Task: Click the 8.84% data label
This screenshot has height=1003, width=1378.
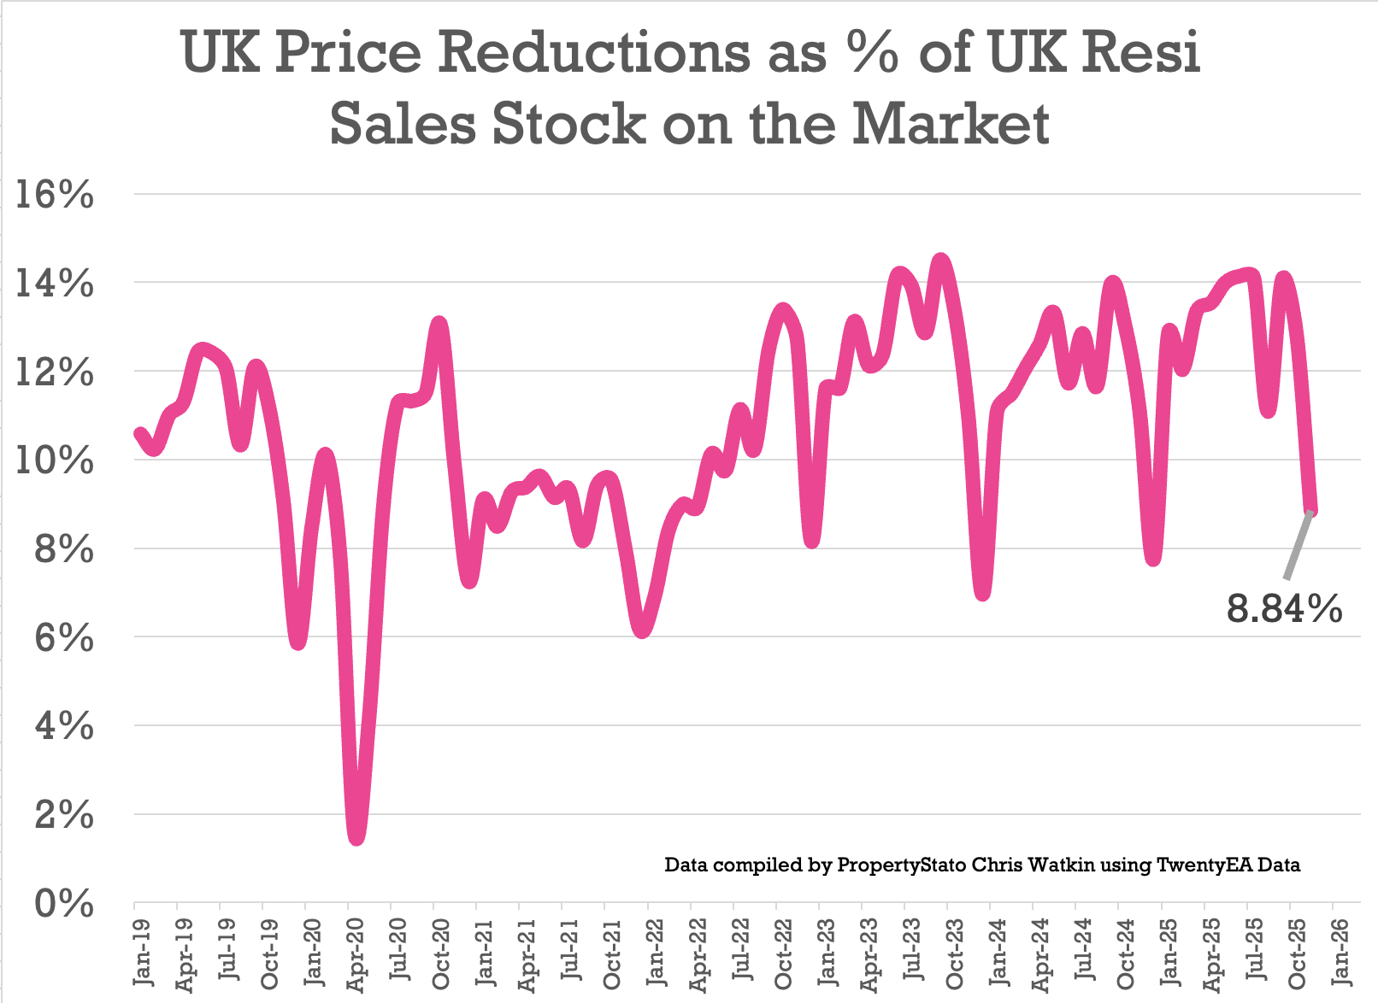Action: (x=1284, y=609)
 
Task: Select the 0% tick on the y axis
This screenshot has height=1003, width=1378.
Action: (x=63, y=903)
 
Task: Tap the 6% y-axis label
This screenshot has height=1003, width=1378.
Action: (x=63, y=637)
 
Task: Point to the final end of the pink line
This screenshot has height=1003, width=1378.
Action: (x=1311, y=511)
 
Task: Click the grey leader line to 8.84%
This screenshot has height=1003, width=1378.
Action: (x=1298, y=547)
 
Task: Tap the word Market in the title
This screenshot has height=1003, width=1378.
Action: (x=951, y=124)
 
